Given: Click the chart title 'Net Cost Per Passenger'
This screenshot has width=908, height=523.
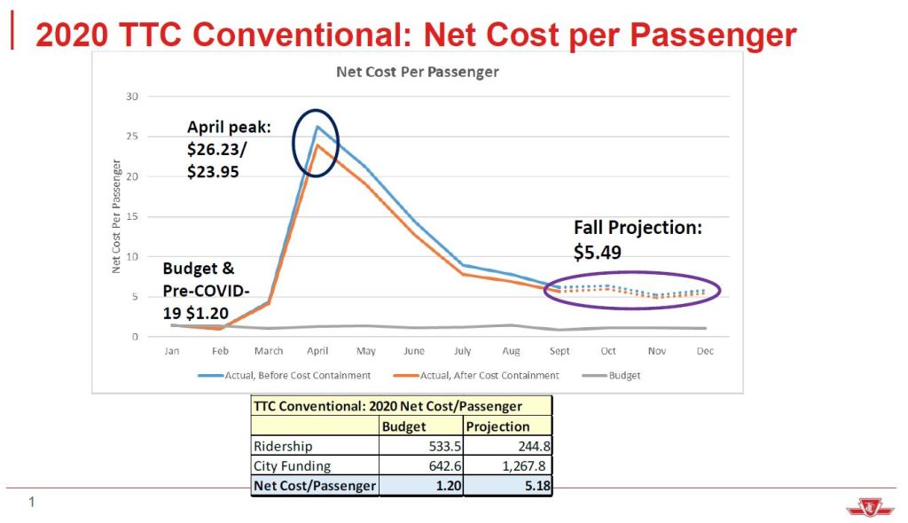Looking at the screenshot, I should (417, 72).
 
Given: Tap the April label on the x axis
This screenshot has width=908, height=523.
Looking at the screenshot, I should (317, 352).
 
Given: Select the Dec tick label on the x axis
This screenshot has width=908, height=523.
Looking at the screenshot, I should (705, 352).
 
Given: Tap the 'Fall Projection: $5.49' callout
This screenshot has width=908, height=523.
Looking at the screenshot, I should (637, 239).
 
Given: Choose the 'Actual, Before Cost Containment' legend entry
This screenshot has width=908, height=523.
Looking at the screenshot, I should (284, 375).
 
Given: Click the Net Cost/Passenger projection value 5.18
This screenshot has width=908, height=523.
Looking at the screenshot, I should (509, 485).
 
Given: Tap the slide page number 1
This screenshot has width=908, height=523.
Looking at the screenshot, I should (32, 503).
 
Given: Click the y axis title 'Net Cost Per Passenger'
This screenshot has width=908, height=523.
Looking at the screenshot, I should (116, 215).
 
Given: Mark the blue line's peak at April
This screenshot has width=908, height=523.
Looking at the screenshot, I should (317, 127).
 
